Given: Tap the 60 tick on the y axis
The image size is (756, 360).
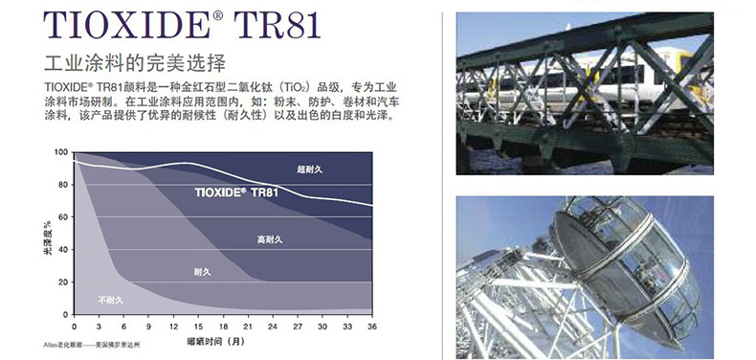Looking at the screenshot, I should click(61, 217).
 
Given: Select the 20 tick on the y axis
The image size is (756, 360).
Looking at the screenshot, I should click(61, 281).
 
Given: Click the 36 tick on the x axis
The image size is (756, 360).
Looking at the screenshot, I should click(372, 326).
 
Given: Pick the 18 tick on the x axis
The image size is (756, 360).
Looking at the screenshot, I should click(223, 326).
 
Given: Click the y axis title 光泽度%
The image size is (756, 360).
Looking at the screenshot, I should click(48, 234).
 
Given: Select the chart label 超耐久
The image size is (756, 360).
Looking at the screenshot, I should click(310, 169).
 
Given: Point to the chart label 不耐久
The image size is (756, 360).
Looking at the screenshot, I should click(109, 301).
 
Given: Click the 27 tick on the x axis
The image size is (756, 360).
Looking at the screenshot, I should click(298, 326).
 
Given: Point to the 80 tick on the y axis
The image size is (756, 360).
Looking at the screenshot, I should click(61, 185).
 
